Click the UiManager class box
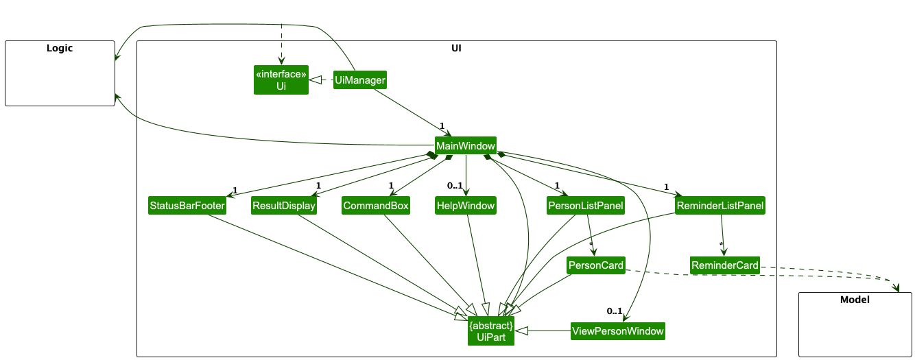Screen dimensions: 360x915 359,80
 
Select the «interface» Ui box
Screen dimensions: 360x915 281,80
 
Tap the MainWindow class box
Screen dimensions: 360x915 465,145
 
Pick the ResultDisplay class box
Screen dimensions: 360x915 284,206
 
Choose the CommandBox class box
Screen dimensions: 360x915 376,206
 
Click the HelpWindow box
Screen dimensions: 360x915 465,206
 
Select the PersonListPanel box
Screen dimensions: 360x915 585,206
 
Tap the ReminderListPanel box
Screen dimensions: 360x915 720,206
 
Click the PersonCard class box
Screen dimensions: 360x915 595,265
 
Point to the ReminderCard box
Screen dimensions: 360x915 725,265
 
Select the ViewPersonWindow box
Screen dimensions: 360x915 618,331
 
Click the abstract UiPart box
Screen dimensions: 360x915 491,331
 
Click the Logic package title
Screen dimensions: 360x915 60,48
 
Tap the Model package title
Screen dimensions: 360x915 855,300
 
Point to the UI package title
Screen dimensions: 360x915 456,48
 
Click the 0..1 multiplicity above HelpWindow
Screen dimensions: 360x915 455,186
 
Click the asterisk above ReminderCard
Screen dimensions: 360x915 721,244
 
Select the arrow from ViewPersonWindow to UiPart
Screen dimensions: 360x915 542,331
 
